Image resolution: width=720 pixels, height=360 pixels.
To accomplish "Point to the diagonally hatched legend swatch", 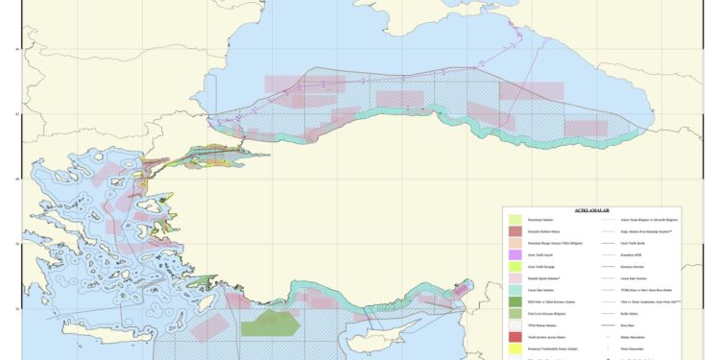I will pyautogui.click(x=516, y=327).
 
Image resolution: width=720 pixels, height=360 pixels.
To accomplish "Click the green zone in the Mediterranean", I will pyautogui.click(x=273, y=324).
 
